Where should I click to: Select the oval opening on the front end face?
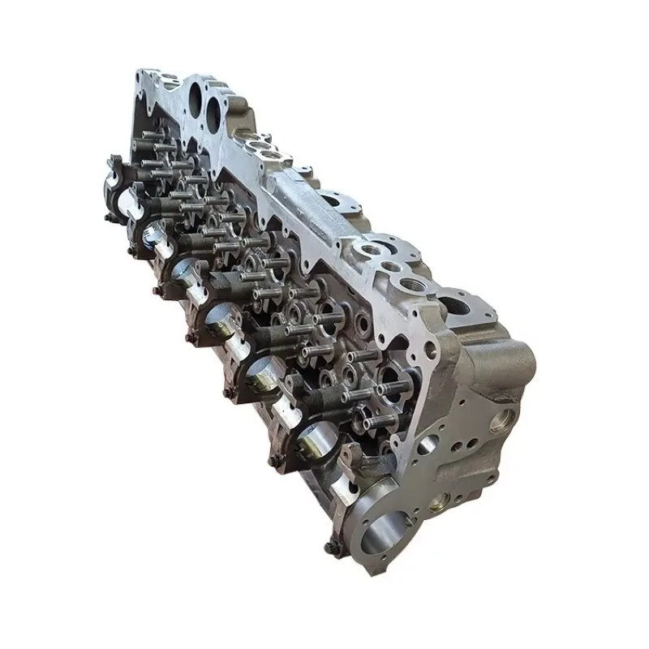coord(425,445)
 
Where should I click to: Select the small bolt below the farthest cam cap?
coord(108,217)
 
